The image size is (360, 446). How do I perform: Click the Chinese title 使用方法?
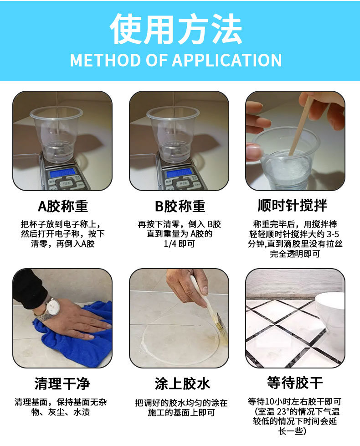click(176, 29)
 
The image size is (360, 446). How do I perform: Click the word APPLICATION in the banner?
click(227, 60)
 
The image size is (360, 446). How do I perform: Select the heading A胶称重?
click(63, 206)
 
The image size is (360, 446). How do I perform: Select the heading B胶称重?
click(180, 206)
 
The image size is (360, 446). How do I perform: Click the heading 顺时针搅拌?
click(293, 205)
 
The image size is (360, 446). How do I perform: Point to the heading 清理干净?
click(62, 384)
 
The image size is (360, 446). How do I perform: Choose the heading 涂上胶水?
click(182, 384)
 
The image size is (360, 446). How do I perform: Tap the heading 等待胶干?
click(295, 383)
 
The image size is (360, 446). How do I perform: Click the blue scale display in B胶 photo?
click(179, 172)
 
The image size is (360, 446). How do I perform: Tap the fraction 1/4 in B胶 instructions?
click(170, 244)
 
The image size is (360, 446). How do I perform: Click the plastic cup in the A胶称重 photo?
click(57, 135)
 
